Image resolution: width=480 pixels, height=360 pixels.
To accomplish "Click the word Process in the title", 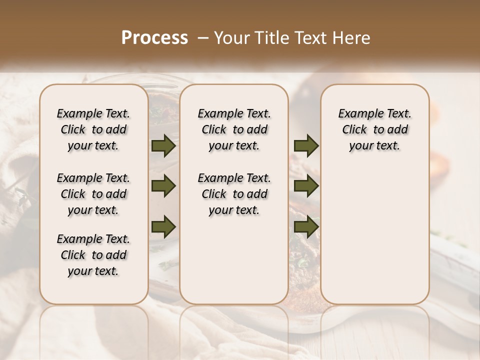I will pos(154,37).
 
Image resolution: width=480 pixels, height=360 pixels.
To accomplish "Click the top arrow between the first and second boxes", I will pos(163,146).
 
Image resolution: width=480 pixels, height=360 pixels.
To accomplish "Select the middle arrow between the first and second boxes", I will pos(163,186).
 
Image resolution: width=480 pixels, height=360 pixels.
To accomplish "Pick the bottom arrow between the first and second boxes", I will pos(163,226).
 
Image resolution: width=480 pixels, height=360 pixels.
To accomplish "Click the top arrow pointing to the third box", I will pos(306,146).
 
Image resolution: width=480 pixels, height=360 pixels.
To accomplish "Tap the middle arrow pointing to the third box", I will pos(306,186).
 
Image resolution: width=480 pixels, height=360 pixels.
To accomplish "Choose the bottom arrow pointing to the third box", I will pos(306,226).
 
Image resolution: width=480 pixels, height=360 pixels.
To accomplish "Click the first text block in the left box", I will pos(93,129).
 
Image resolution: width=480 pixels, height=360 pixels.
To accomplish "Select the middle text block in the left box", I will pos(93,194).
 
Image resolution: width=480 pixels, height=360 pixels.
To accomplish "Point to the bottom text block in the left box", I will pos(93,255).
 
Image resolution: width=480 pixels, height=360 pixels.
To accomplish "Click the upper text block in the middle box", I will pos(234,129).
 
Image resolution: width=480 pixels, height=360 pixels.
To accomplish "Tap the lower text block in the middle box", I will pos(234,194).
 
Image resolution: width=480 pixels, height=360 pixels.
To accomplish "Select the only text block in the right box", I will pos(374,129).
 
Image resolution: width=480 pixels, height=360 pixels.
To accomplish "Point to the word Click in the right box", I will pos(354,129).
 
